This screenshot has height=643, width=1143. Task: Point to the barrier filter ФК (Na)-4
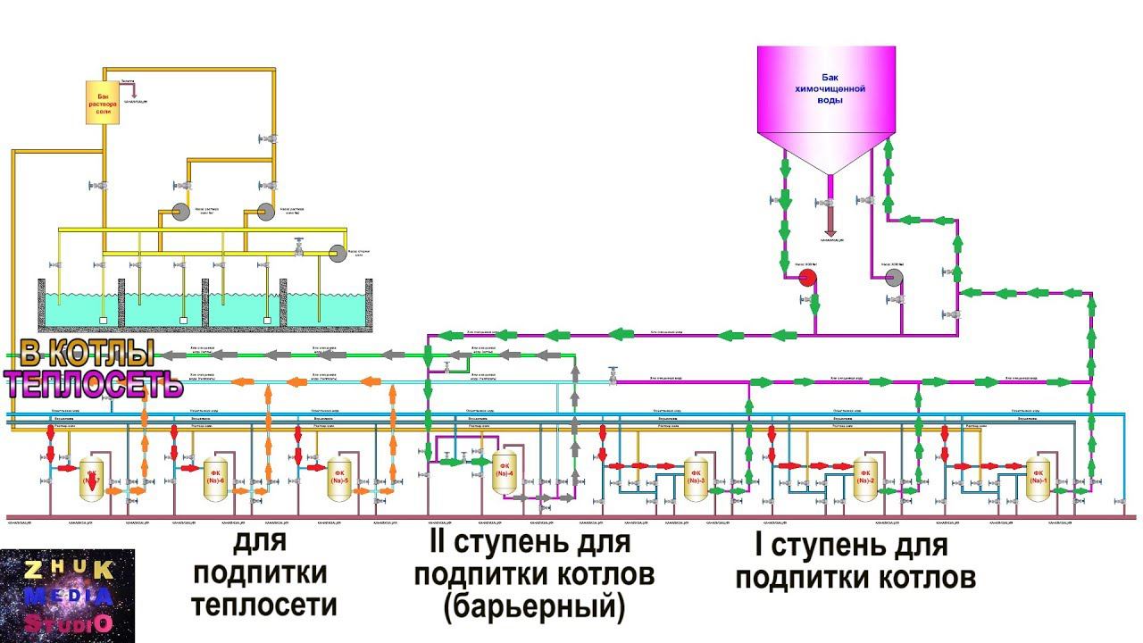click(x=505, y=473)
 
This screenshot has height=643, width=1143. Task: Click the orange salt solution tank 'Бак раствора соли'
click(x=104, y=103)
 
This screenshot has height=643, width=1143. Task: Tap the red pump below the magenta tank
click(x=807, y=278)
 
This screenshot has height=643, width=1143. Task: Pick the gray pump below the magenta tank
click(x=894, y=278)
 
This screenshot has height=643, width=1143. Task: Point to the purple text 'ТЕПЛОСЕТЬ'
click(x=93, y=384)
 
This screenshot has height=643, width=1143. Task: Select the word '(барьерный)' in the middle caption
click(x=533, y=606)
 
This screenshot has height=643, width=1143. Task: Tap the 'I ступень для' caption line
click(x=840, y=545)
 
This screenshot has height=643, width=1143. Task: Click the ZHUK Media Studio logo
click(x=67, y=596)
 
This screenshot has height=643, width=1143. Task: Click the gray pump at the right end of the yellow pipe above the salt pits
click(x=338, y=255)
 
